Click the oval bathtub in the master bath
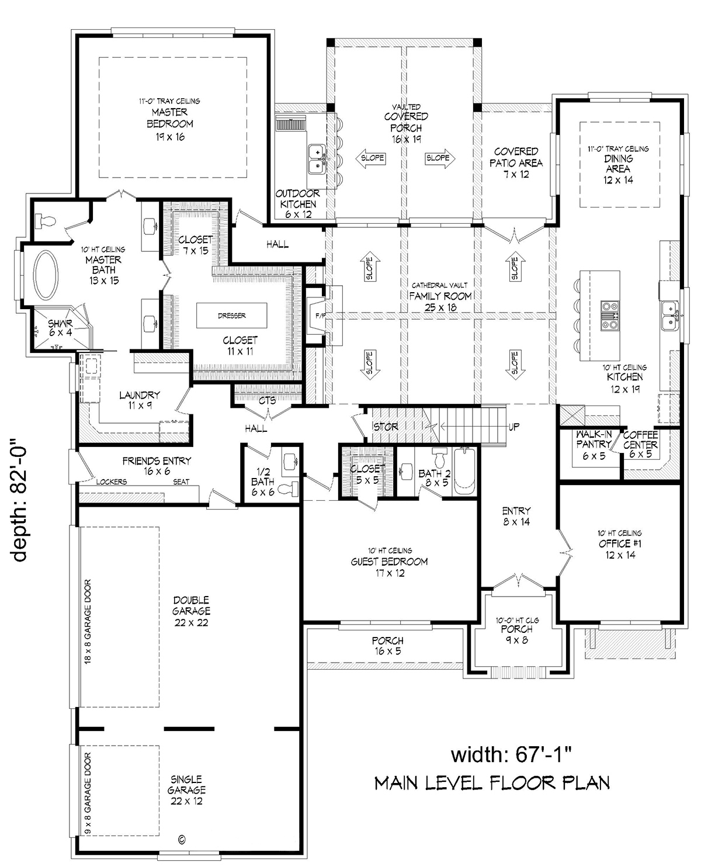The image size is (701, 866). (46, 275)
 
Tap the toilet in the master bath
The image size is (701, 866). (45, 221)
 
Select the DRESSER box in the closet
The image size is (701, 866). (232, 315)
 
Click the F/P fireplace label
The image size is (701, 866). (321, 316)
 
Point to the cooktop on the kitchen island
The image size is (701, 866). (610, 315)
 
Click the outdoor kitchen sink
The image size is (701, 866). (317, 159)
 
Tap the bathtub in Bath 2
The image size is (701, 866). (464, 471)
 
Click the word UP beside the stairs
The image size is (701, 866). (514, 427)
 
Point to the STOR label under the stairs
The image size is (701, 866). (386, 427)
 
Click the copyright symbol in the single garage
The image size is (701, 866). (182, 839)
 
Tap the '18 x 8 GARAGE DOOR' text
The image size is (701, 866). (88, 622)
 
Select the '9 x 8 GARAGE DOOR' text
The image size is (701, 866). (88, 794)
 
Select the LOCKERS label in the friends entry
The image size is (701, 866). (112, 482)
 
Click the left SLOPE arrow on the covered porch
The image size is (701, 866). (370, 158)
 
